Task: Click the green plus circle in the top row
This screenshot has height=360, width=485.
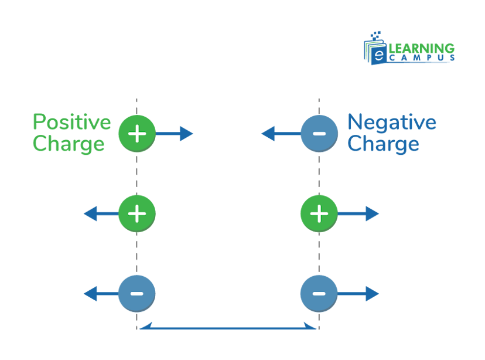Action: [x=136, y=134]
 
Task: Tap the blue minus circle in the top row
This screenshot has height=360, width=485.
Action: [x=319, y=134]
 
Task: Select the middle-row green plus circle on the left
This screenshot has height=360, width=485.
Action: [x=136, y=213]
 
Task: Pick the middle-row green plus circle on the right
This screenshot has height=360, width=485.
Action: [x=319, y=213]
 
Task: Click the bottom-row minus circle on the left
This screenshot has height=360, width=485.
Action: [x=136, y=293]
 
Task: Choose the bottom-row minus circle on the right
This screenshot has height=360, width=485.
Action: [x=319, y=293]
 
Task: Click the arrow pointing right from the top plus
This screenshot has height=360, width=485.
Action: [x=175, y=134]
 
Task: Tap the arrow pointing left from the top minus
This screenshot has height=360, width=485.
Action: [x=280, y=134]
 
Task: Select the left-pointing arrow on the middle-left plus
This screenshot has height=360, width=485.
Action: [x=100, y=213]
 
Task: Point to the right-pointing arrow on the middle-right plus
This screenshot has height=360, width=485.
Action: [x=359, y=213]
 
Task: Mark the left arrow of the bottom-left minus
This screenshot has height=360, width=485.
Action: [x=100, y=293]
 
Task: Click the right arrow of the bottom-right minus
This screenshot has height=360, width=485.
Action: [x=359, y=293]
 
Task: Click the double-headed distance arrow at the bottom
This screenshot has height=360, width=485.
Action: [x=228, y=328]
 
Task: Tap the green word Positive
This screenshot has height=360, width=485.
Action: [x=71, y=123]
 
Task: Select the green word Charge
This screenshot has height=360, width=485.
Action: [x=69, y=144]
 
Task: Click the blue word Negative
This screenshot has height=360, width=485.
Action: [x=392, y=123]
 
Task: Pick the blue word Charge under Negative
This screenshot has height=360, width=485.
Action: [x=383, y=144]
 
